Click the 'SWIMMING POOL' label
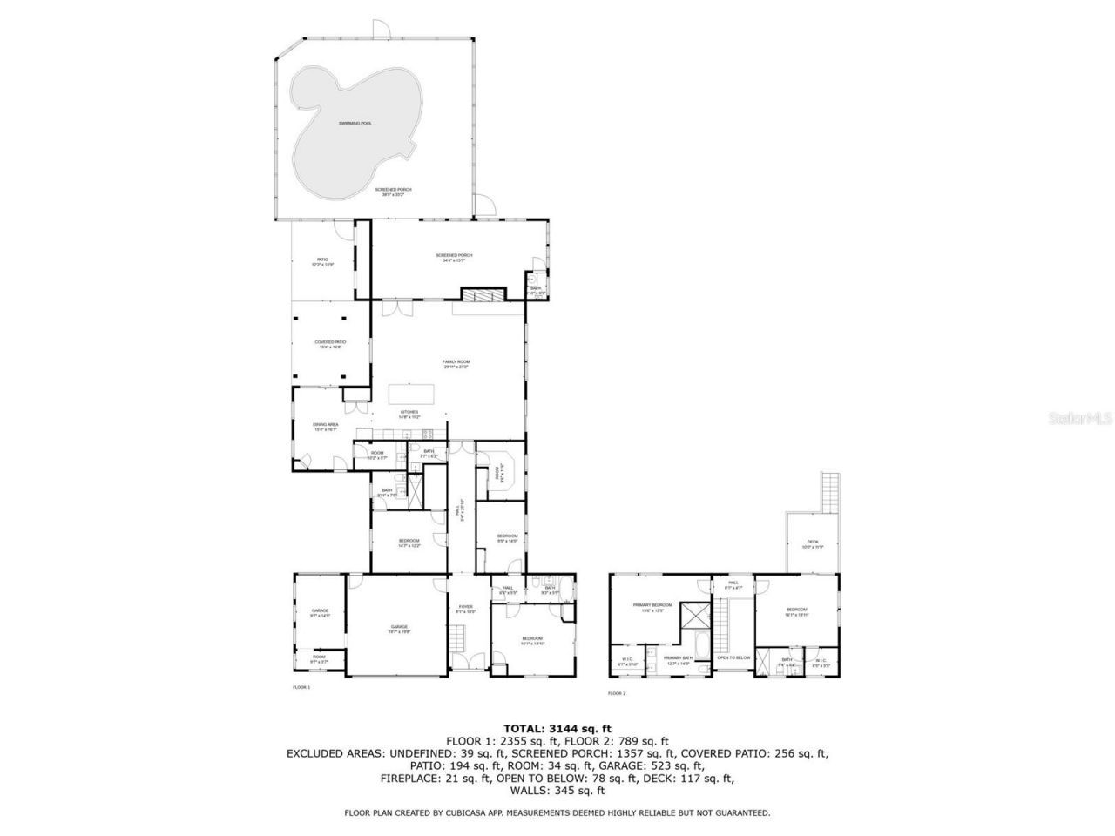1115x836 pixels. (355, 123)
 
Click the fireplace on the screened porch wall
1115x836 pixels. (483, 294)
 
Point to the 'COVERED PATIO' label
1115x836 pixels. (330, 342)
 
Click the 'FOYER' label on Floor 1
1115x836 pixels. (466, 607)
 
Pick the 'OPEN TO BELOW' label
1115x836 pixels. (733, 657)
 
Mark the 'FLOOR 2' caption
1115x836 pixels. (617, 693)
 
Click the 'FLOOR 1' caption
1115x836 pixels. (301, 687)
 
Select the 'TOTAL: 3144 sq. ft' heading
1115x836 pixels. (557, 728)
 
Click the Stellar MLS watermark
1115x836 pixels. (1079, 418)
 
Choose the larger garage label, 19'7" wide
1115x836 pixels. (399, 627)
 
